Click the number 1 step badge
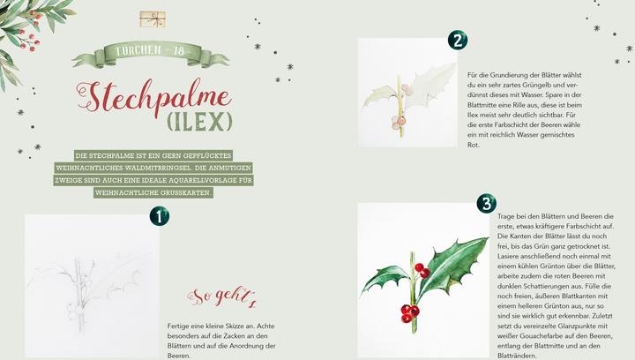coord(159,215)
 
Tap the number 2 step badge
coord(458,41)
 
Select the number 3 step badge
coord(486,204)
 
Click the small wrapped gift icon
coord(152,19)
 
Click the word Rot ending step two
coord(474,145)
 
